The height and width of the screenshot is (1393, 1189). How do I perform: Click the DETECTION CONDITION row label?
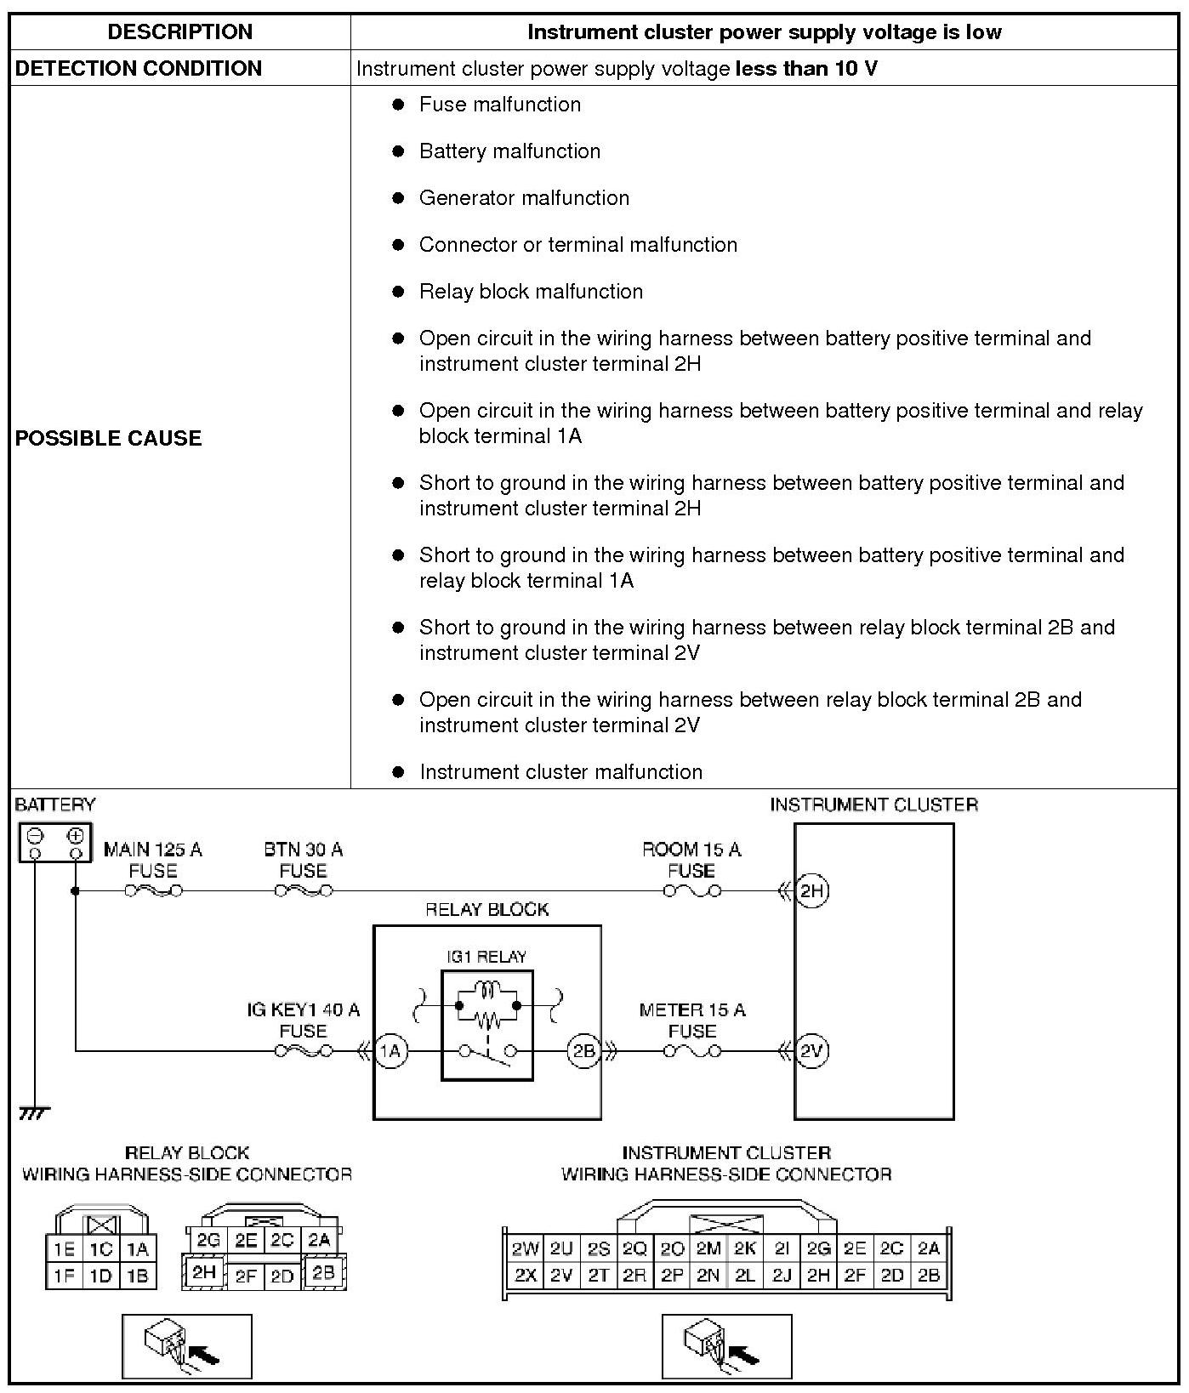pos(139,69)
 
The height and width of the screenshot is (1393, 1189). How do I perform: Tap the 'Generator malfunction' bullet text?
pos(524,198)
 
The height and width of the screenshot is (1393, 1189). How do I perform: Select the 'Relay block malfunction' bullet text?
pos(531,292)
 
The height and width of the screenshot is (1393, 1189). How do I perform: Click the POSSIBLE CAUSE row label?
pos(109,438)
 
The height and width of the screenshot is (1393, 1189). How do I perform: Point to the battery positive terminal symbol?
pos(75,835)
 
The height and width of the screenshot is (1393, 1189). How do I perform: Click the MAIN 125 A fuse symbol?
pos(153,890)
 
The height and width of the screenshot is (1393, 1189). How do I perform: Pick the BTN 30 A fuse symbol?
pos(304,890)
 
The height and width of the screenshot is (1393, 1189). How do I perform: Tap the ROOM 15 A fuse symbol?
pos(691,890)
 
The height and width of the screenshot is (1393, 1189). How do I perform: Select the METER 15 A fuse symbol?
pos(691,1051)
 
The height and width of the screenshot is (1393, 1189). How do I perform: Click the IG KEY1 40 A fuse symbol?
pos(304,1051)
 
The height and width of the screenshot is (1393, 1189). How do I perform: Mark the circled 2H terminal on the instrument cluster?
pos(812,890)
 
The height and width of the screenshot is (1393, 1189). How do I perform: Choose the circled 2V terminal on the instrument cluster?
pos(812,1051)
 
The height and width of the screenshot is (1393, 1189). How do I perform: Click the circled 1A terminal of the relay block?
pos(390,1051)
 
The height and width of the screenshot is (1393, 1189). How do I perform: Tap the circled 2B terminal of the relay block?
pos(584,1051)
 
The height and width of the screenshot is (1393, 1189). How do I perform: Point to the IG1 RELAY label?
pos(486,957)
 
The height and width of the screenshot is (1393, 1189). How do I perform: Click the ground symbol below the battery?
pos(34,1112)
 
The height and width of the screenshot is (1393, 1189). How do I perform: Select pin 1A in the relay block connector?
pos(138,1249)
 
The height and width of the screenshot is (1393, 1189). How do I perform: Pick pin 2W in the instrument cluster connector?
pos(525,1249)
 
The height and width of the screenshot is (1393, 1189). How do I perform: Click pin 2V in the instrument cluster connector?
pos(560,1276)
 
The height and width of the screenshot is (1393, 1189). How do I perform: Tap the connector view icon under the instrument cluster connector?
pos(726,1346)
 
